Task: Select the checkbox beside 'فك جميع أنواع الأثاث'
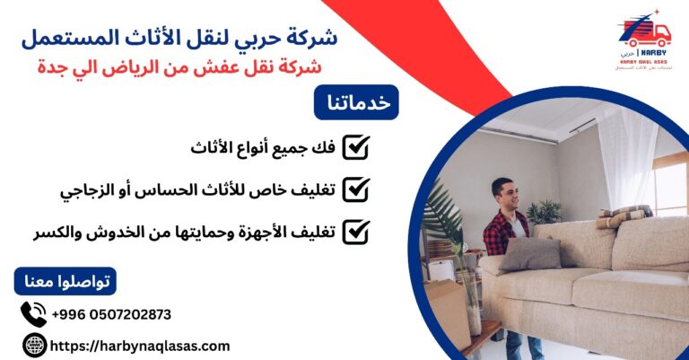point(356,147)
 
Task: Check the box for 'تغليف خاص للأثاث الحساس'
point(356,189)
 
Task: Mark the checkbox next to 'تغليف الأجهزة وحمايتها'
point(356,232)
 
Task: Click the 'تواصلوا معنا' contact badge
point(65,282)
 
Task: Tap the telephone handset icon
point(33,314)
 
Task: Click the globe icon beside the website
point(33,346)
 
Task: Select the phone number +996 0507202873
point(111,314)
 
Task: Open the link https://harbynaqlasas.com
point(141,346)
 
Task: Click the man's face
point(503,194)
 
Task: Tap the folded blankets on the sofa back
point(624,215)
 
